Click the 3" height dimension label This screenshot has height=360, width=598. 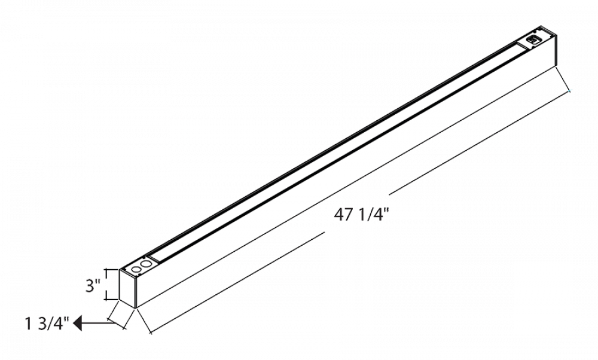tap(91, 286)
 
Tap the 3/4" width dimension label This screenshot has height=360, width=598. tap(53, 324)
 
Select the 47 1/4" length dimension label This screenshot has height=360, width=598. tap(359, 214)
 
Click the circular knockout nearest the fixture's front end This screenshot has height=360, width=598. tap(136, 269)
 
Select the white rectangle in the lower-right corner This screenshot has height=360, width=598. tap(542, 297)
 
